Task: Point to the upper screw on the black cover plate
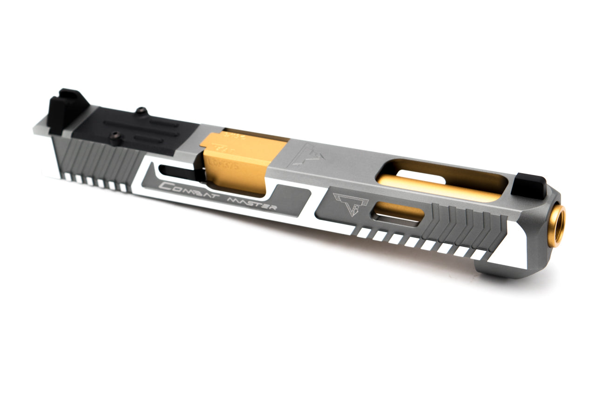(141, 111)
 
